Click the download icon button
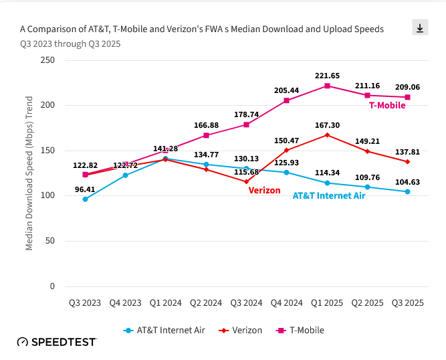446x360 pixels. tap(420, 27)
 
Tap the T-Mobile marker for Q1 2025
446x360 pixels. tap(327, 86)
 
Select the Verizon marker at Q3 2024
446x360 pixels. tap(246, 181)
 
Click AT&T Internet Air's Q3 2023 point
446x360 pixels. tap(85, 199)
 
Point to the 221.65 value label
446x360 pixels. tap(327, 76)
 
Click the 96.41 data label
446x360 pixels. tap(85, 189)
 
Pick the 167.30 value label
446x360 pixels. tap(327, 124)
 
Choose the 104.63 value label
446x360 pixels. tap(407, 181)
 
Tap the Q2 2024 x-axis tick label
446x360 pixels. tap(206, 302)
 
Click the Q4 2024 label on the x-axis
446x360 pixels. tap(287, 302)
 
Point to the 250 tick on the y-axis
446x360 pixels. tap(47, 60)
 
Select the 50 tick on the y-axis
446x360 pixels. tap(50, 241)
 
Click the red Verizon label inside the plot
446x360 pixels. tap(264, 190)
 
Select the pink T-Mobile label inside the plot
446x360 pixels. tap(387, 105)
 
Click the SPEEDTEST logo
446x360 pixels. tap(57, 342)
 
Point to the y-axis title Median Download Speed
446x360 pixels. tap(29, 173)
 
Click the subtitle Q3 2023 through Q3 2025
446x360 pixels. tap(70, 43)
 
